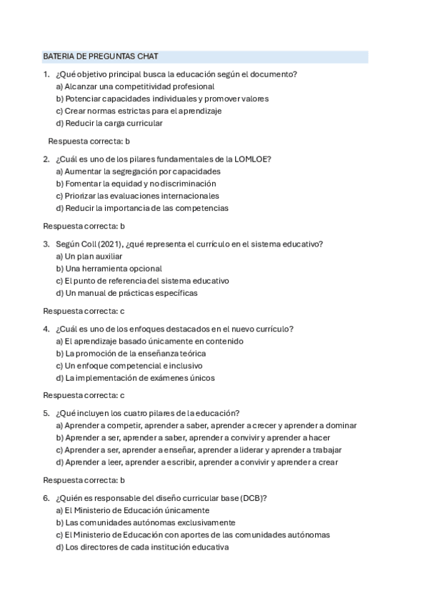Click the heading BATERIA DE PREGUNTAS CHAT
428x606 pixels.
pos(101,56)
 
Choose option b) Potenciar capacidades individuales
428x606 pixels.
pos(162,99)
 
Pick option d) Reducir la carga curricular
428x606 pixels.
pos(109,123)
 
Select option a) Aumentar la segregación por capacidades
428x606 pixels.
pos(138,172)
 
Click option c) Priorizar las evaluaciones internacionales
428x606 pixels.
pos(137,196)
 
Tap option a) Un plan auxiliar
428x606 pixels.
pos(89,257)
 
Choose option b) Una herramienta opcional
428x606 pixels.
pos(109,269)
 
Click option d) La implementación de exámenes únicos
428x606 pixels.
pos(135,378)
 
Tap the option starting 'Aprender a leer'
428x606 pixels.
pos(196,462)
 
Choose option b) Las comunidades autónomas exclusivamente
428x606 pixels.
pos(145,523)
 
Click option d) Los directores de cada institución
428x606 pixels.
pos(141,547)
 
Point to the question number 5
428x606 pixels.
pos(46,414)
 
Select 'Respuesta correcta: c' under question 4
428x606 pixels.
pos(84,395)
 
